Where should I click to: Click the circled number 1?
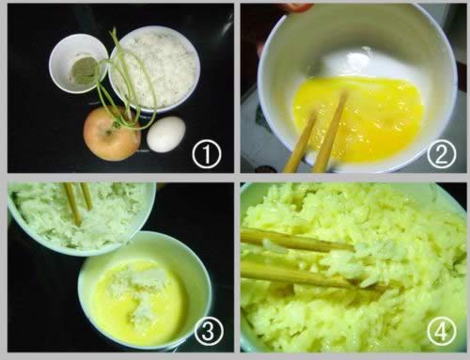[x=207, y=155]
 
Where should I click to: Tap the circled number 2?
[x=441, y=155]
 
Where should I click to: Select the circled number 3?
[x=209, y=331]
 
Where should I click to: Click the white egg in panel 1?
[x=166, y=134]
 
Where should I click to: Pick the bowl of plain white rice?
[x=154, y=69]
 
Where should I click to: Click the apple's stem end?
[x=109, y=132]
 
